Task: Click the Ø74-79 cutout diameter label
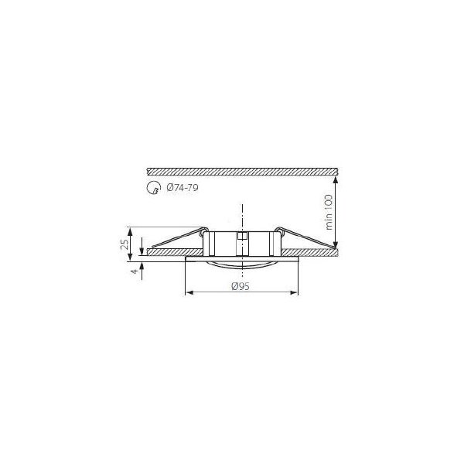point(183,188)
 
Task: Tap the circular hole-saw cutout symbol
point(154,188)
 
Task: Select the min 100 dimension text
point(329,212)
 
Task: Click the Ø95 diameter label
point(241,286)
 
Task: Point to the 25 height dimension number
point(125,244)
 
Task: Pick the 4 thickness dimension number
point(135,271)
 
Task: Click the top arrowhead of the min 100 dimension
point(336,181)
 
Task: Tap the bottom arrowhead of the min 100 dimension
point(336,244)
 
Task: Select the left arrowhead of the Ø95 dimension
point(189,292)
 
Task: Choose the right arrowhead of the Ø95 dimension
point(293,292)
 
